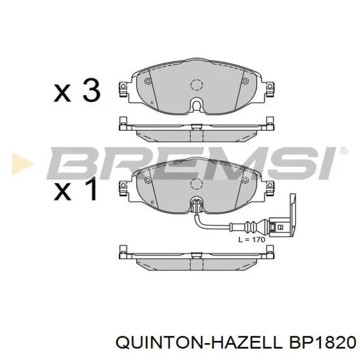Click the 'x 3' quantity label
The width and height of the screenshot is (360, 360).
pos(78,91)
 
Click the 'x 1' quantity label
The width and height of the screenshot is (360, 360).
pos(77,189)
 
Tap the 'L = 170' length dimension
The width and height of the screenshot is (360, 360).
pos(251,239)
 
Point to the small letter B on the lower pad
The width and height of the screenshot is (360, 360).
pos(153,202)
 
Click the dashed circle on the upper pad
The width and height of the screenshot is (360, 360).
pos(196,85)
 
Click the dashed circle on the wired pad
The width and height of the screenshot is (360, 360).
pos(196,184)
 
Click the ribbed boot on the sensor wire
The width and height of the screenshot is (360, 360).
pos(252,225)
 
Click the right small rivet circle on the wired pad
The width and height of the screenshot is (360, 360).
pos(245,178)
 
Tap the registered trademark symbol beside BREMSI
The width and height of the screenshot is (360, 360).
pos(343,151)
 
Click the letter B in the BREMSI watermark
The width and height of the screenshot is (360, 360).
pos(77,163)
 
